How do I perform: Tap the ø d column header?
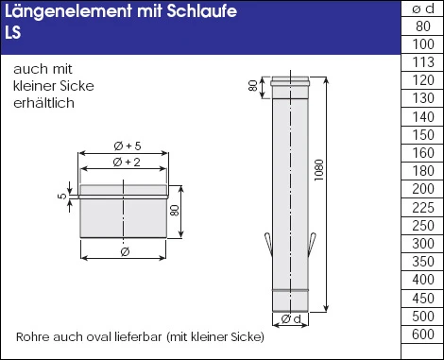point(423,9)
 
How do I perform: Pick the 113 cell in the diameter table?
point(423,63)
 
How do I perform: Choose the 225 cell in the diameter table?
point(423,207)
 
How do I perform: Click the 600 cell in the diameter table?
point(423,333)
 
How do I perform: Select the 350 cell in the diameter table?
point(423,261)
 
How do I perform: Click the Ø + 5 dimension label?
point(126,145)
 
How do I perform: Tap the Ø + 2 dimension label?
point(126,163)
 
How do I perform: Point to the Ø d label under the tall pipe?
point(291,321)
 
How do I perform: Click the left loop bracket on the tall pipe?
point(267,243)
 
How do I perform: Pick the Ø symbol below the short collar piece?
point(126,251)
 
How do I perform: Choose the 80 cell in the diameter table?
point(423,27)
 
